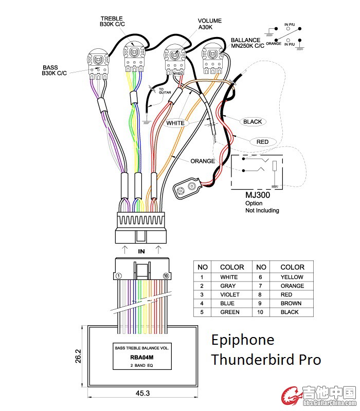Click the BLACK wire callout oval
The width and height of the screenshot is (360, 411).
click(x=253, y=122)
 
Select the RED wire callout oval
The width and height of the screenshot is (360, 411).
click(x=262, y=141)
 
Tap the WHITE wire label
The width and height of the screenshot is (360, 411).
click(x=175, y=123)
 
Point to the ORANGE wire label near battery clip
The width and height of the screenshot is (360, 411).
click(x=203, y=161)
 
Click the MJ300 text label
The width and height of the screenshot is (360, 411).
click(x=258, y=195)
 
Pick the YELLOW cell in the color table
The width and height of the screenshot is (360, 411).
click(x=292, y=277)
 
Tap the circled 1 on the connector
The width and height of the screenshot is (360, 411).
click(x=119, y=276)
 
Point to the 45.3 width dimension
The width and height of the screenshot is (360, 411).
click(x=142, y=393)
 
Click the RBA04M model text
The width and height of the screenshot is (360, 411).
click(x=142, y=357)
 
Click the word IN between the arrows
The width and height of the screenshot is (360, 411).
click(x=141, y=251)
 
